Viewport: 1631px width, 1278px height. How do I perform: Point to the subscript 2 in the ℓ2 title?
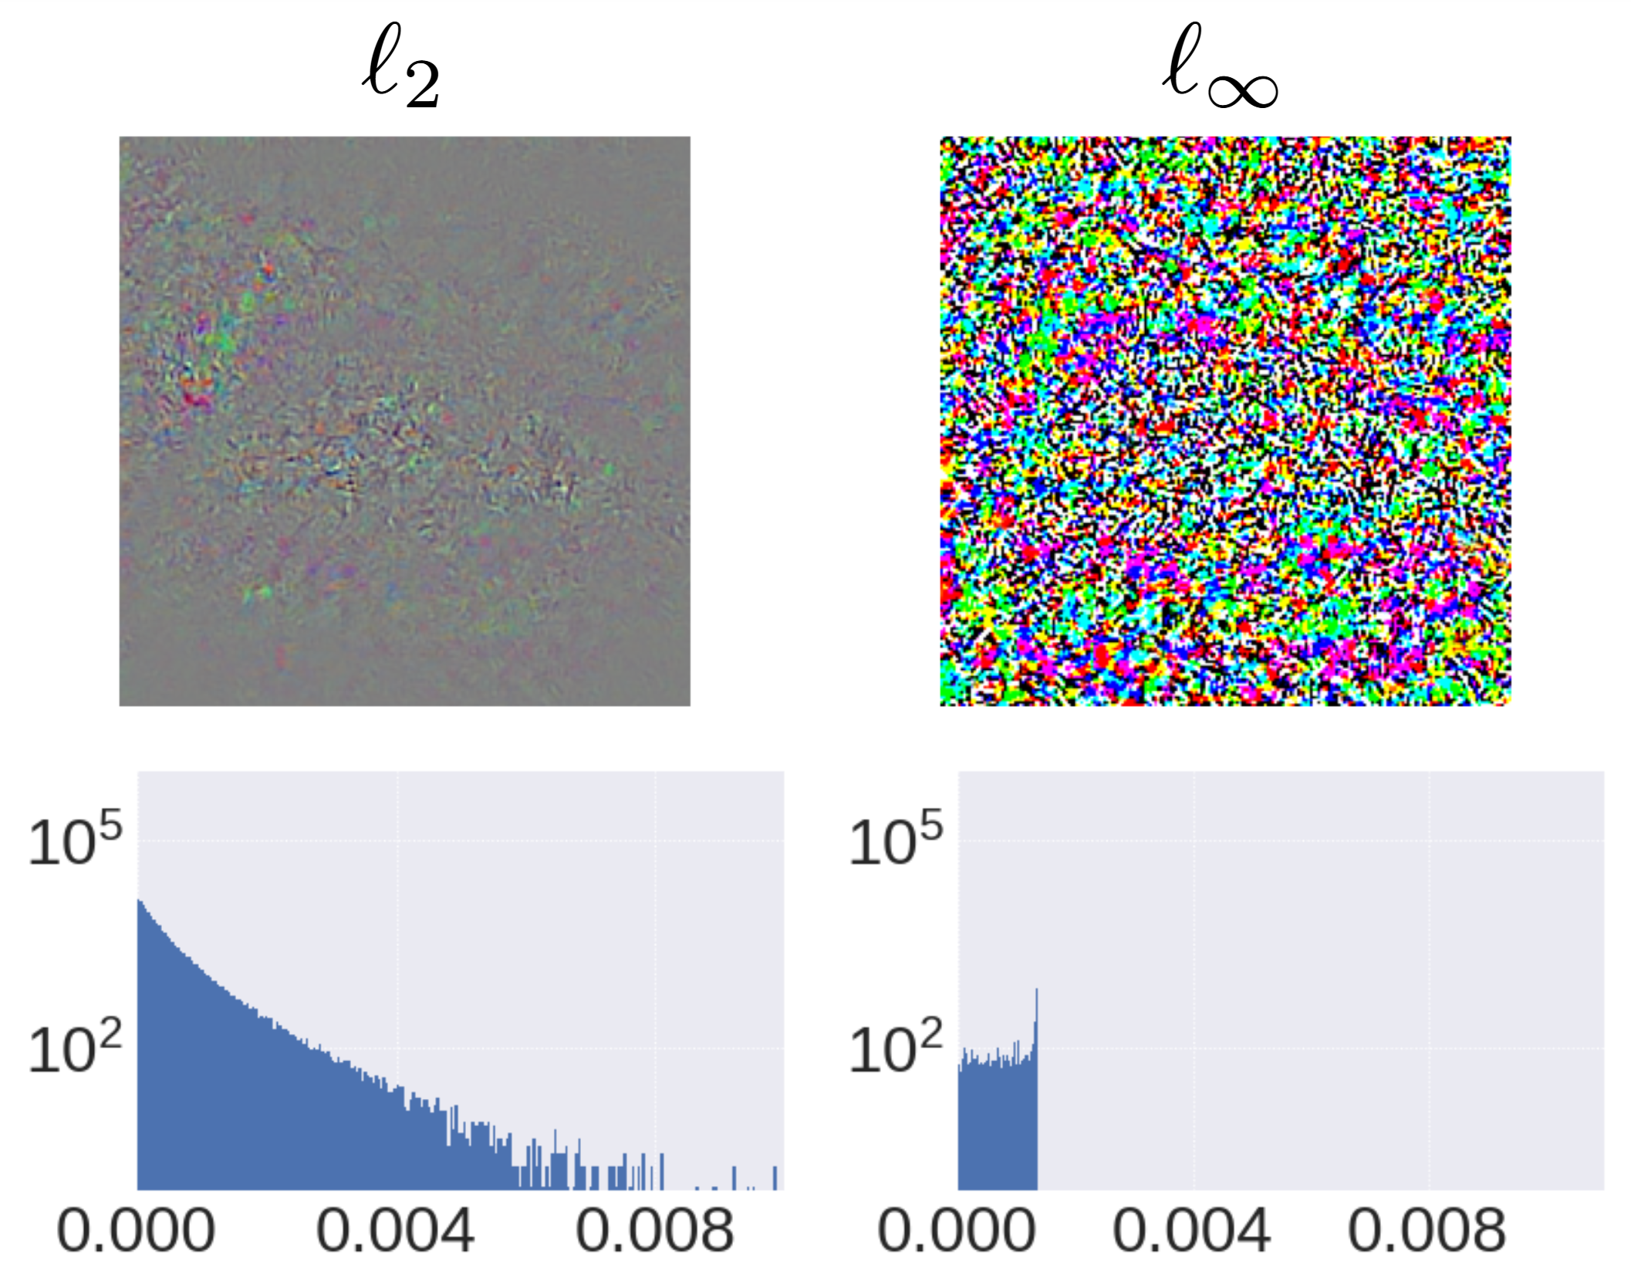tap(423, 85)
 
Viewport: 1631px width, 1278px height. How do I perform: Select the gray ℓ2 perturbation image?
tap(404, 421)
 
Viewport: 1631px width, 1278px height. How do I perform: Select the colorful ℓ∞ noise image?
tap(1225, 421)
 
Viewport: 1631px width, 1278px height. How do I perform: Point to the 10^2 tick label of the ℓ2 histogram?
tap(75, 1047)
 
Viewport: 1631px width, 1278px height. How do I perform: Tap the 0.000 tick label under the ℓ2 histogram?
tap(136, 1230)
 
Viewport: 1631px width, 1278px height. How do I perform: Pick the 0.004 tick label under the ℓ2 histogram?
tap(395, 1230)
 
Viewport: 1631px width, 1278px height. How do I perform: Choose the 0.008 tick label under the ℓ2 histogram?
tap(654, 1230)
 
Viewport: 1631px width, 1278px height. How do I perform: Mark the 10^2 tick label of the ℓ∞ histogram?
tap(896, 1047)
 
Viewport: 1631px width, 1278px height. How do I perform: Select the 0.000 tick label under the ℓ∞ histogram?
tap(957, 1230)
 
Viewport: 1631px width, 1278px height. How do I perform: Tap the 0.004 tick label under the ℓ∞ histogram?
tap(1191, 1230)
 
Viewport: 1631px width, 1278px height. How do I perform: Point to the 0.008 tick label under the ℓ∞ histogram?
tap(1427, 1230)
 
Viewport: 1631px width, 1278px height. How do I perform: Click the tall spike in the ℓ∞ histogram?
tap(1036, 1019)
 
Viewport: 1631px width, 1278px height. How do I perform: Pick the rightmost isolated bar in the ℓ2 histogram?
tap(775, 1178)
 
